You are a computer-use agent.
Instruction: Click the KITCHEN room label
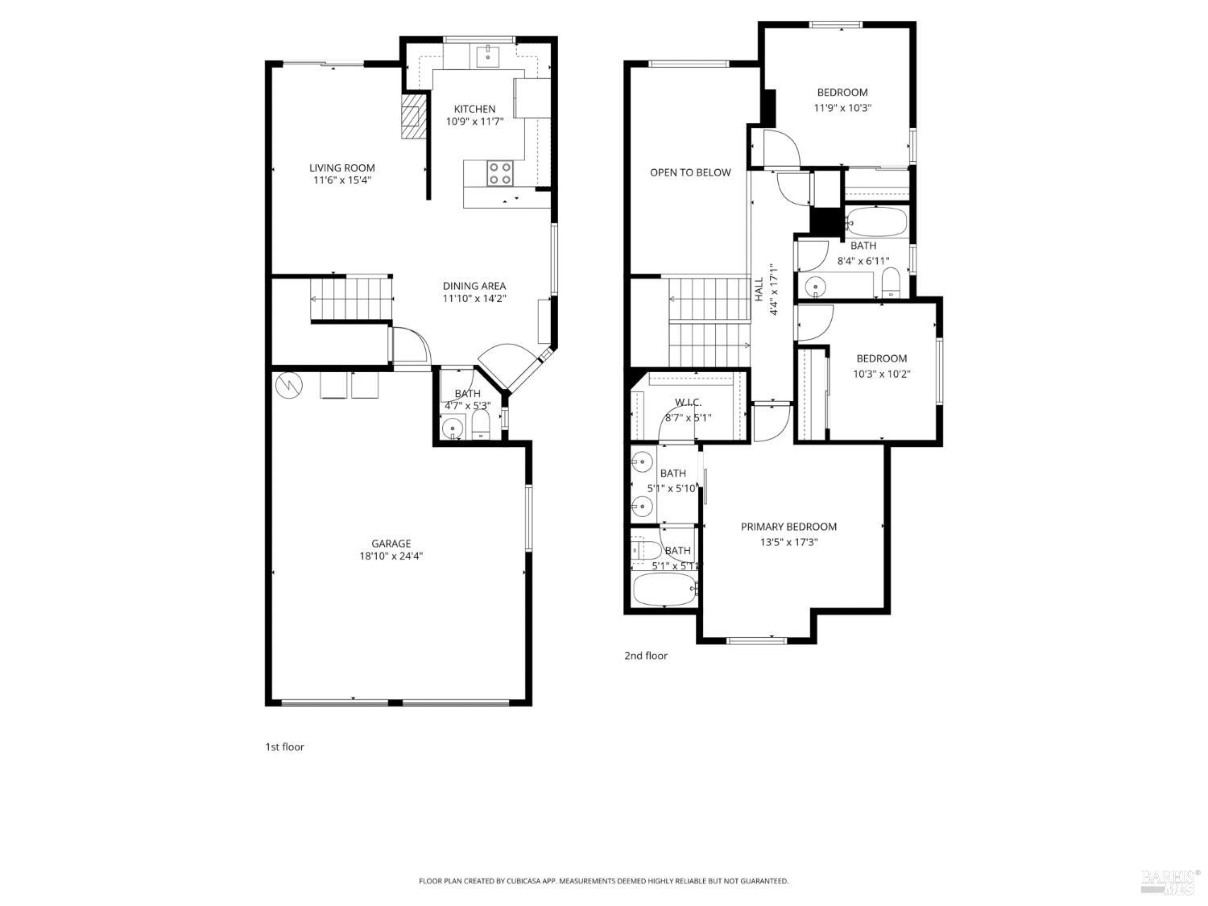click(474, 109)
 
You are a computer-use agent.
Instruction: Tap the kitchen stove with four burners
click(500, 173)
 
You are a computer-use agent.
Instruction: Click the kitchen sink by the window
click(488, 56)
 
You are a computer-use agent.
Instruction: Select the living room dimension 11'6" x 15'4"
click(342, 180)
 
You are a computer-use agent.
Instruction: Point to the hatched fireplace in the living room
click(413, 118)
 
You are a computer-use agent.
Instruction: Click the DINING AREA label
click(474, 286)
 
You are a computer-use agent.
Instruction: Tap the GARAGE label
click(391, 544)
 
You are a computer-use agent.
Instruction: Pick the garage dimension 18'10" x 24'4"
click(391, 556)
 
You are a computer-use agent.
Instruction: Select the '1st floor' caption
click(285, 747)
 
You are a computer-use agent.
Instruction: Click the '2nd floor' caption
click(646, 656)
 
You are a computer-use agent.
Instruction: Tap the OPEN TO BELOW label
click(690, 172)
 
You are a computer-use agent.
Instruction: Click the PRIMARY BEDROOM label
click(788, 527)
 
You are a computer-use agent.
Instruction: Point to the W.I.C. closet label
click(688, 402)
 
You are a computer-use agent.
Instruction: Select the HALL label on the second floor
click(759, 290)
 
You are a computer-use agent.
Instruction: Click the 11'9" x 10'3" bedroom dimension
click(842, 107)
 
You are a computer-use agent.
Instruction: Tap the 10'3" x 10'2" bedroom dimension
click(882, 374)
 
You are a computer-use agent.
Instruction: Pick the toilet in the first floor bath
click(481, 427)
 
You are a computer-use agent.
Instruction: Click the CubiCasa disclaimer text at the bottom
click(603, 881)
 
